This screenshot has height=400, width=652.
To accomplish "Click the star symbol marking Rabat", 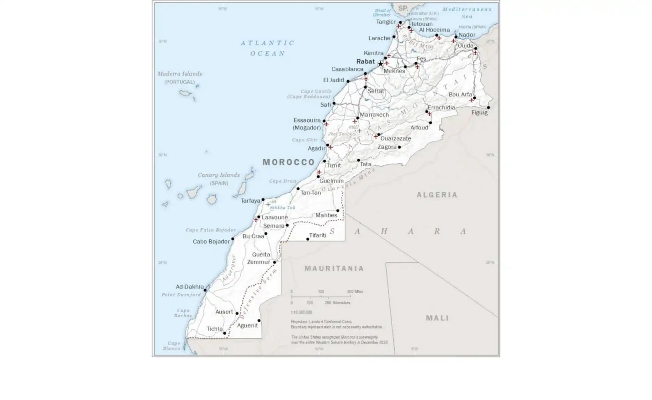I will pyautogui.click(x=380, y=64).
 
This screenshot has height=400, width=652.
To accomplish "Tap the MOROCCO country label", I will pyautogui.click(x=289, y=162).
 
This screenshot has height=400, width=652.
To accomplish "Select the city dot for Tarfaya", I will pyautogui.click(x=263, y=200).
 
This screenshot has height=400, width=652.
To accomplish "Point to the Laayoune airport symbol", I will pyautogui.click(x=256, y=220).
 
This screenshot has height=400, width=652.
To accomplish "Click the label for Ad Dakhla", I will pyautogui.click(x=189, y=287).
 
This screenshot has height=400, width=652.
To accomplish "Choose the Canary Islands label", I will pyautogui.click(x=219, y=175).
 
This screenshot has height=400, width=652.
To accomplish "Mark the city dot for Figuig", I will pyautogui.click(x=488, y=107).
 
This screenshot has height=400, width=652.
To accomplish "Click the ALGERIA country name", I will pyautogui.click(x=437, y=195).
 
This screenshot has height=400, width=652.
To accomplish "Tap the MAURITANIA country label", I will pyautogui.click(x=334, y=268).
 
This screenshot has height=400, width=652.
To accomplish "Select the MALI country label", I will pyautogui.click(x=437, y=318).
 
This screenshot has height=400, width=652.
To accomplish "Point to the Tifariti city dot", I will pyautogui.click(x=308, y=239).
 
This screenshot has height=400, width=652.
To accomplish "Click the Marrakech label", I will pyautogui.click(x=374, y=115).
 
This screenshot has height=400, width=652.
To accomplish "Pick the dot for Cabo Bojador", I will pyautogui.click(x=233, y=239).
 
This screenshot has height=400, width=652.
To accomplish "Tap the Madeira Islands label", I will pyautogui.click(x=180, y=74).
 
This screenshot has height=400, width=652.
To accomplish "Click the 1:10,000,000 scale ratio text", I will pyautogui.click(x=301, y=312).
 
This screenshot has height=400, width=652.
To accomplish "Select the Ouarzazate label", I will pyautogui.click(x=396, y=138).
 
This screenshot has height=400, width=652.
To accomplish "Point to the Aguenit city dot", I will pyautogui.click(x=259, y=320).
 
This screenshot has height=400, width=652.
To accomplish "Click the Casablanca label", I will pyautogui.click(x=347, y=69).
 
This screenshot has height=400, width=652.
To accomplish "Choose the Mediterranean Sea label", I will pyautogui.click(x=467, y=13).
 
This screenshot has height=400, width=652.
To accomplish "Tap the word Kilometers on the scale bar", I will pyautogui.click(x=341, y=303).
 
